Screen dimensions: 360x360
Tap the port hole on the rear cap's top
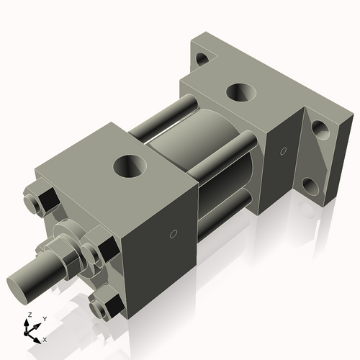click(x=238, y=93)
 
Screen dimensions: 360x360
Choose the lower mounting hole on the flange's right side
click(x=310, y=186)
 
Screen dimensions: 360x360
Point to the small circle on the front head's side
click(x=173, y=233)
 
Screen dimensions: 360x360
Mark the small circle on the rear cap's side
click(x=284, y=151)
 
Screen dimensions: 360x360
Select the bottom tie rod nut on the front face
click(x=104, y=307)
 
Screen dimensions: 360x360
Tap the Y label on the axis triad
click(x=44, y=318)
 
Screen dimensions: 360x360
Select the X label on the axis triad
click(x=45, y=338)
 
